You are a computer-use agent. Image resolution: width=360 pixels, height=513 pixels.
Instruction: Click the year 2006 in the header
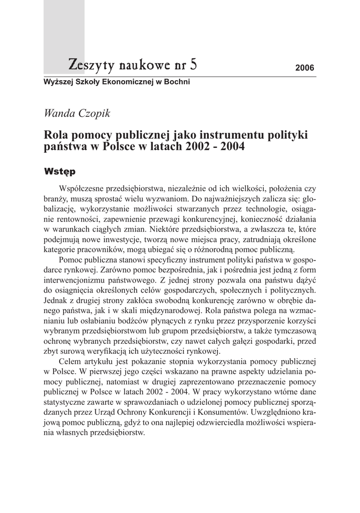[x=304, y=68]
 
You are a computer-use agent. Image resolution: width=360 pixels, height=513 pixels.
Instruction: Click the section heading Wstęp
[x=60, y=172]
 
